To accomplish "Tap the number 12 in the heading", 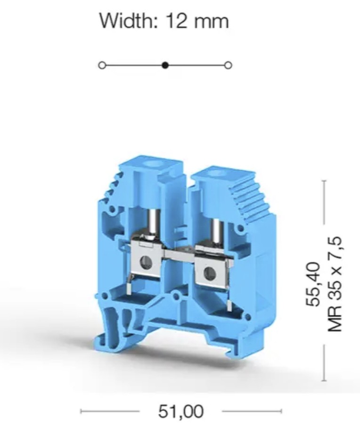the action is [176, 21].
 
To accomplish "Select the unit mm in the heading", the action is [211, 23].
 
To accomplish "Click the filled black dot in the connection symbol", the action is [165, 65].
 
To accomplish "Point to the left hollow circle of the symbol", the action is [102, 65].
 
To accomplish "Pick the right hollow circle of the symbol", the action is [229, 65].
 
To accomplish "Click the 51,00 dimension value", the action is [181, 411].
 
